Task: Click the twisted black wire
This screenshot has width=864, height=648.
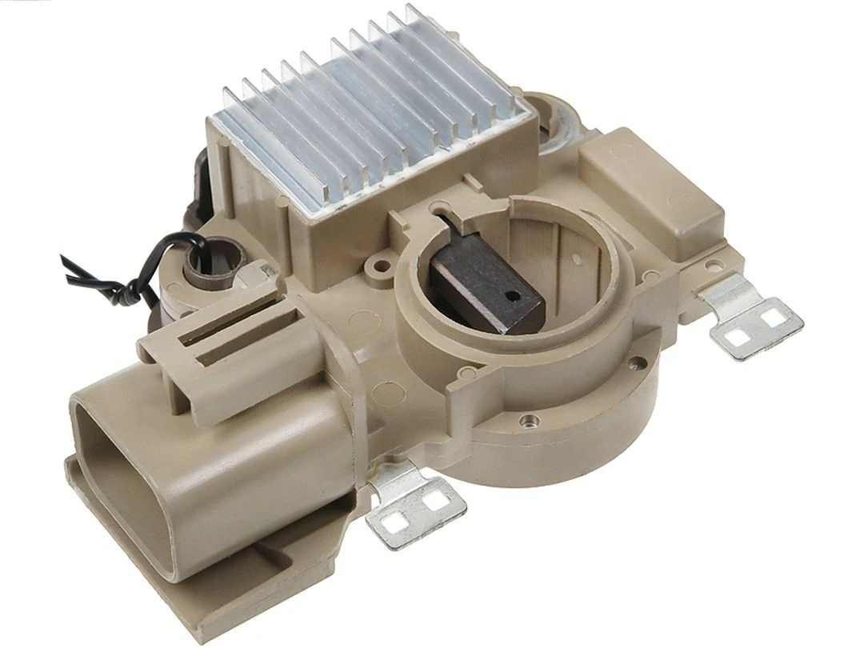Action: click(120, 276)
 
